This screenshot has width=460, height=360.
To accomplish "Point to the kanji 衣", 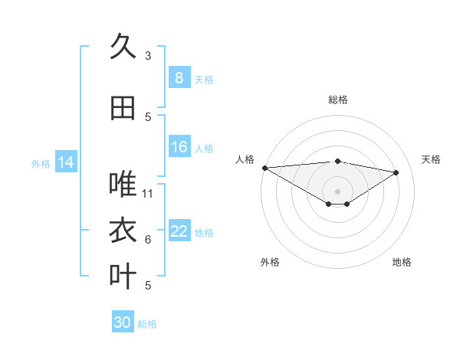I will [x=123, y=230].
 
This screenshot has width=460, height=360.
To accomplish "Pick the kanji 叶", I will [x=123, y=275].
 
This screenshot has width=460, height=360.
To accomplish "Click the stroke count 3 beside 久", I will [x=148, y=55].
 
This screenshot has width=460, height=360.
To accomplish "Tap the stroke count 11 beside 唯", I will [x=149, y=193].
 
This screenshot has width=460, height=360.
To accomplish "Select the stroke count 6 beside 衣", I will [x=148, y=240].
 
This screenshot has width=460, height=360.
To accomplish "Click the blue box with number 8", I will [x=179, y=77].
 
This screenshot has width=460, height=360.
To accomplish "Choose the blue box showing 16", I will [x=179, y=147].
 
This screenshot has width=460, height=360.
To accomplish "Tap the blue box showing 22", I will [x=179, y=231].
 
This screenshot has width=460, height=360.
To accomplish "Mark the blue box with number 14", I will [x=66, y=162].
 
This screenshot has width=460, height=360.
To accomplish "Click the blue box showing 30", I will [x=123, y=322].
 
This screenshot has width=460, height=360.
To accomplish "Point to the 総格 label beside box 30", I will [x=147, y=324].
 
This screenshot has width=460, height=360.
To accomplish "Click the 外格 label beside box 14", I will [x=41, y=164].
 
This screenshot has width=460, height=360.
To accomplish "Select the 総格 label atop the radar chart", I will [x=338, y=100].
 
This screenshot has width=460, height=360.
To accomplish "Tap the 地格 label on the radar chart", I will [x=402, y=262].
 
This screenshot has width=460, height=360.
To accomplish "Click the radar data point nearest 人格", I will [x=264, y=168].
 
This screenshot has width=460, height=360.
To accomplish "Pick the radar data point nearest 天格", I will [x=396, y=172].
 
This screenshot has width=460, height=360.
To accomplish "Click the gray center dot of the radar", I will [x=337, y=190].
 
